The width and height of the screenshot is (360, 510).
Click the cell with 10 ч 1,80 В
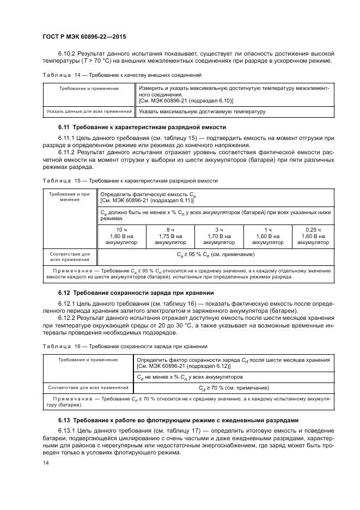coord(122,236)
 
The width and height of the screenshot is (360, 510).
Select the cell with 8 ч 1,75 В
coord(170,236)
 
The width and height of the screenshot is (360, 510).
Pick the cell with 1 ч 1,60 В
coord(268,236)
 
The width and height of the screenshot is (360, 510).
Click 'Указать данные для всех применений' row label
coord(89,112)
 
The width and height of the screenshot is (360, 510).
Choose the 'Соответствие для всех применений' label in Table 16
coord(88,388)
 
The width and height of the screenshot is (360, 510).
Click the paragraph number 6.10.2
coord(69,53)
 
